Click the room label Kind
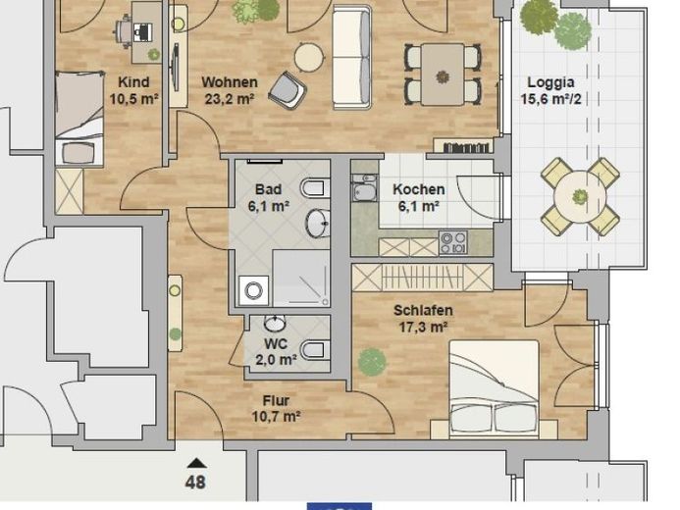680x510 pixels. [x=133, y=82]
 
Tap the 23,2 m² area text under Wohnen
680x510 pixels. [x=230, y=99]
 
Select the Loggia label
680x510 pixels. [x=550, y=82]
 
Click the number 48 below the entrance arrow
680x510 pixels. [x=195, y=482]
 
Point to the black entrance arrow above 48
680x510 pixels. [x=196, y=464]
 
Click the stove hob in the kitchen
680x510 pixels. [x=453, y=242]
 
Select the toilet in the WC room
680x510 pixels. [x=315, y=349]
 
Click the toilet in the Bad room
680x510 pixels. [x=315, y=188]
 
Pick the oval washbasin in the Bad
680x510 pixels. [x=318, y=224]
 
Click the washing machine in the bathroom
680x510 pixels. [x=254, y=290]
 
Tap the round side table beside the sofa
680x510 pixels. [x=309, y=57]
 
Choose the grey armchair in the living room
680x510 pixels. [x=288, y=90]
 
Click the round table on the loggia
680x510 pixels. [x=580, y=197]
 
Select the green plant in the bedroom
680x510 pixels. [x=372, y=362]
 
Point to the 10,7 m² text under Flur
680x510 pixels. [x=277, y=417]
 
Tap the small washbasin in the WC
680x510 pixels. [x=275, y=323]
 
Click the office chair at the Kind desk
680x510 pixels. [x=124, y=30]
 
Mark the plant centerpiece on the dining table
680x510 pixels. [x=443, y=77]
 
